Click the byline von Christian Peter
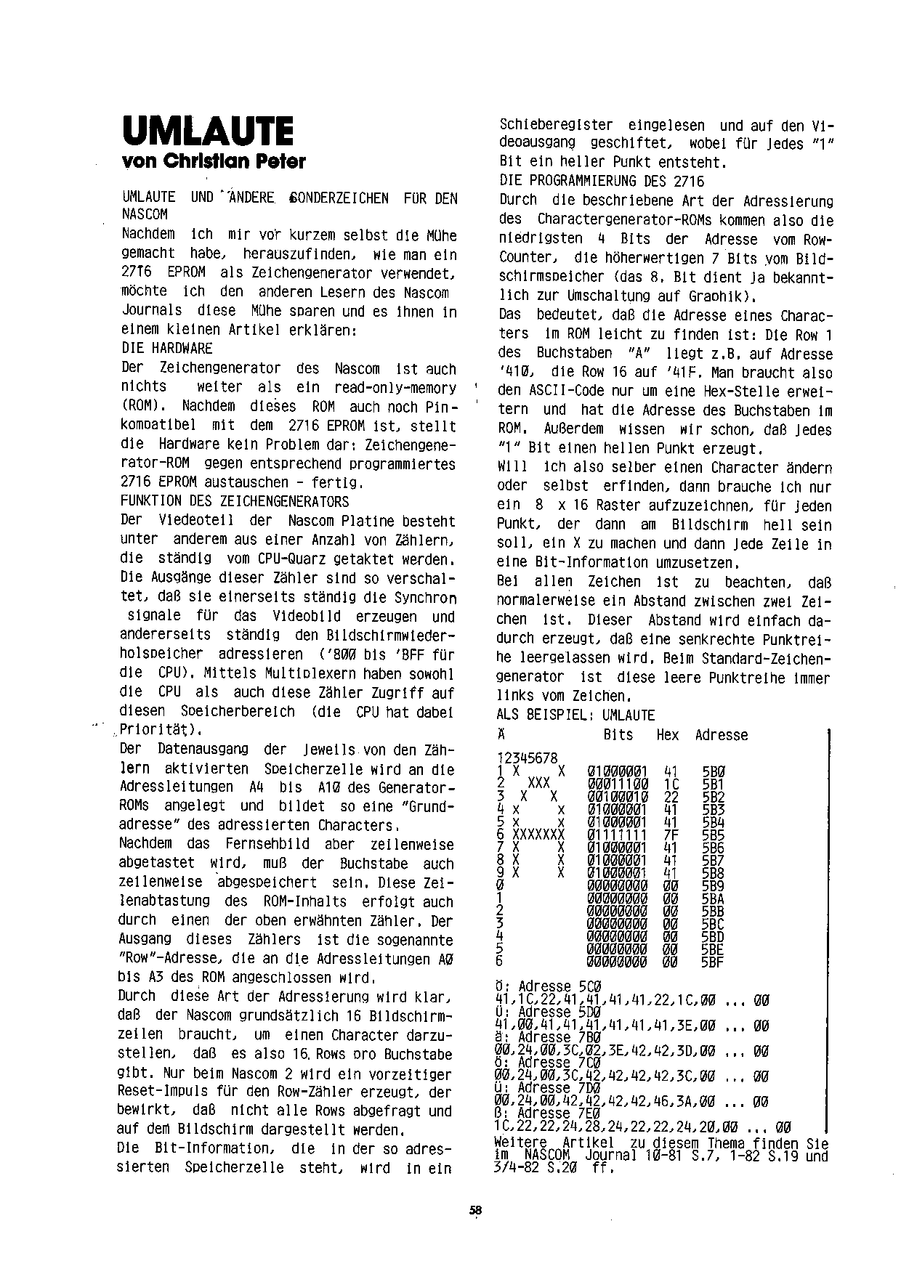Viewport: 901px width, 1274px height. pyautogui.click(x=214, y=161)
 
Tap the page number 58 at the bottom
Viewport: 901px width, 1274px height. pyautogui.click(x=476, y=1210)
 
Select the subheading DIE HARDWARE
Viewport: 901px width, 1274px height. pyautogui.click(x=167, y=348)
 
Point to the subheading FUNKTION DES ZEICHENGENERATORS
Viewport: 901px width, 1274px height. pyautogui.click(x=235, y=502)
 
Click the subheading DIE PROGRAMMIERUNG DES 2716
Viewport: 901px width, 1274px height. pyautogui.click(x=602, y=181)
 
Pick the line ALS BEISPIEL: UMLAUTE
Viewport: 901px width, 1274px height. pyautogui.click(x=575, y=715)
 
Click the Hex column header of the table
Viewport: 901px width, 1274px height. pyautogui.click(x=667, y=735)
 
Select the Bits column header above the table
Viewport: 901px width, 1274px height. pyautogui.click(x=618, y=735)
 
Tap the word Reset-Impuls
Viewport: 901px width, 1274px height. pyautogui.click(x=160, y=1092)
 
